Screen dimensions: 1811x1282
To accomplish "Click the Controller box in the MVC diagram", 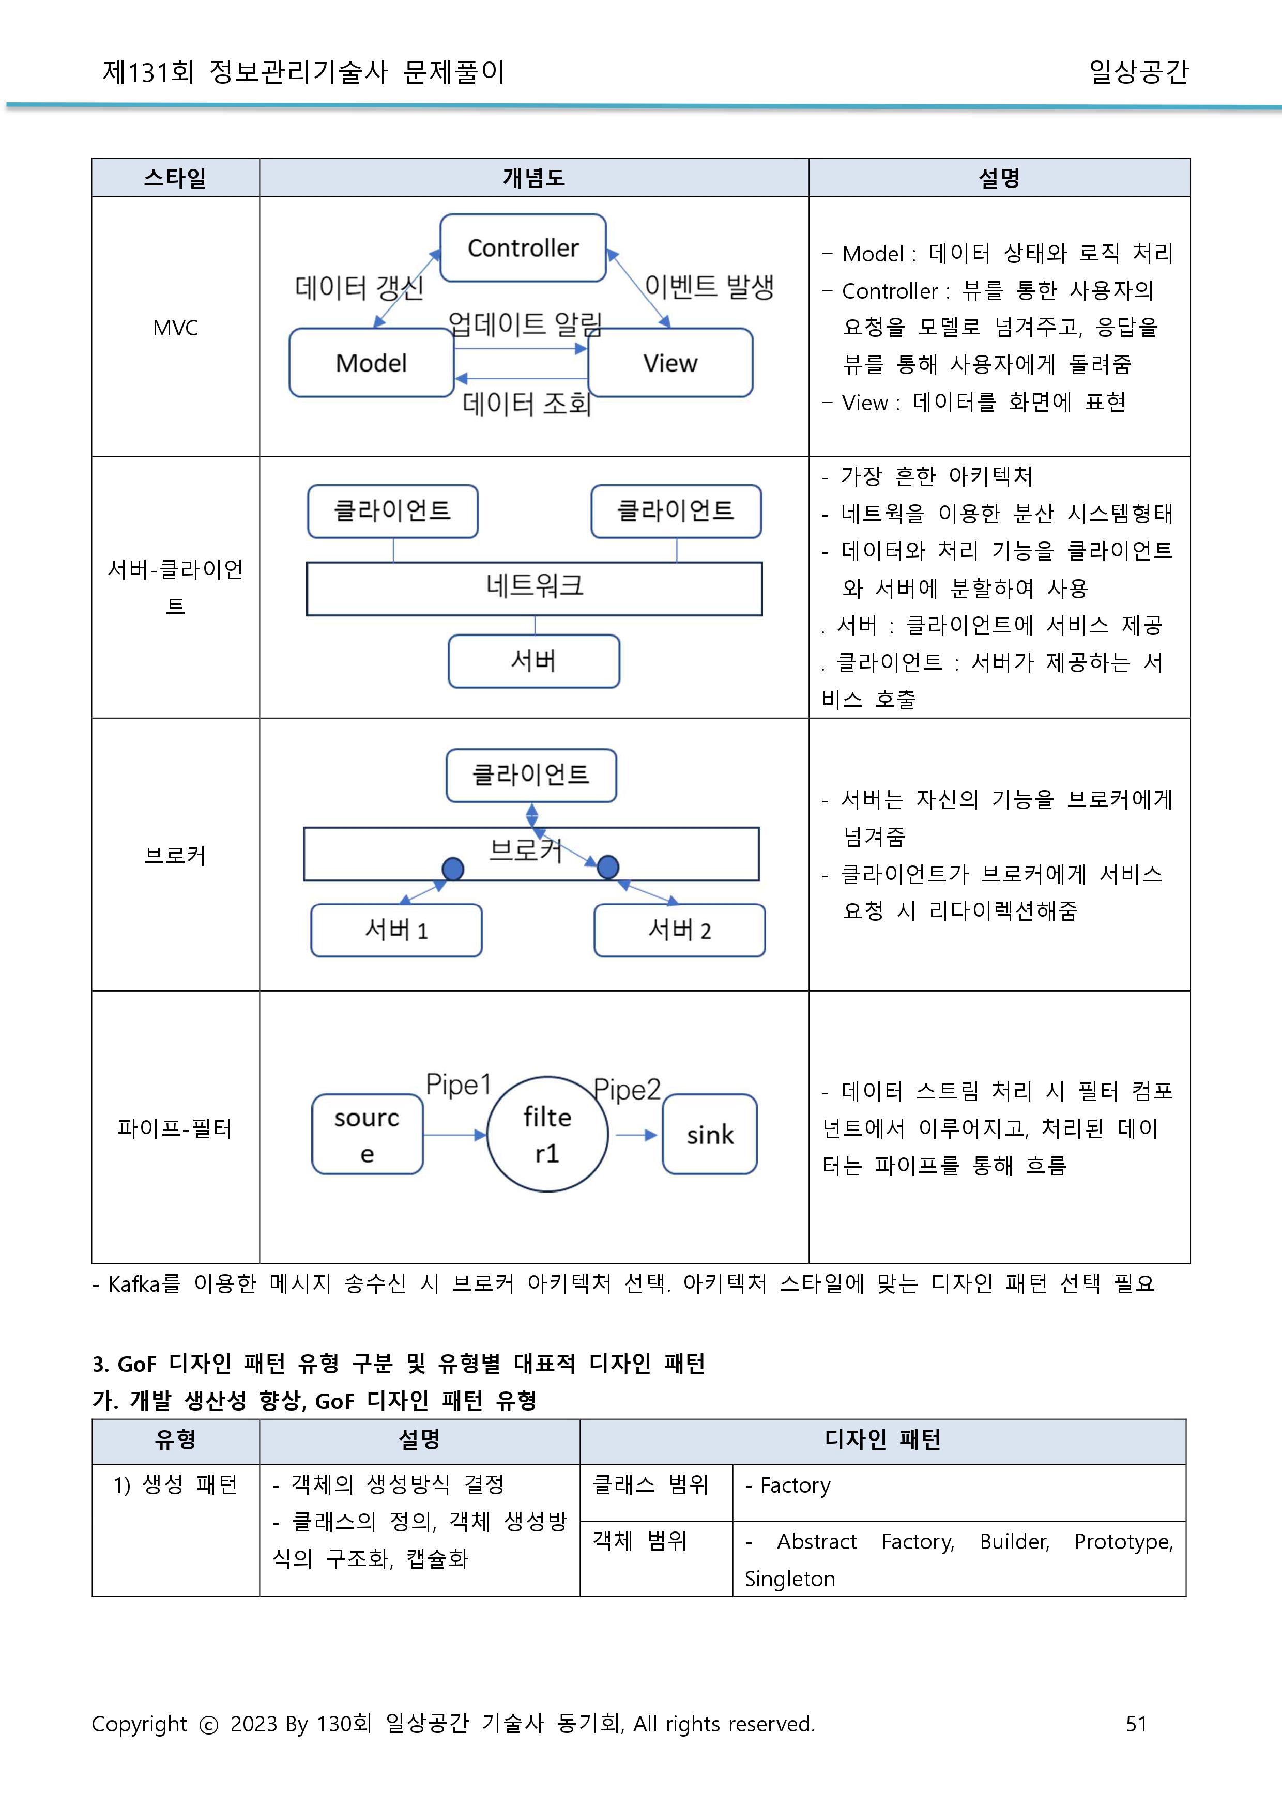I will click(x=523, y=248).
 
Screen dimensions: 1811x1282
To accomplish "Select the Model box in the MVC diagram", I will click(x=371, y=363).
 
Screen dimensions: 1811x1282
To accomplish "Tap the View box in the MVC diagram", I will click(x=670, y=363).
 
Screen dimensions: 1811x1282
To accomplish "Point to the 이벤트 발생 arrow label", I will click(x=708, y=286).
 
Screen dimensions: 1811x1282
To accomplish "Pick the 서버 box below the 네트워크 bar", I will click(x=533, y=660).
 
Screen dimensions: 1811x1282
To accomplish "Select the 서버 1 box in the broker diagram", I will click(x=396, y=931).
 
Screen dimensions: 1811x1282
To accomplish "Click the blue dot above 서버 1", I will click(x=452, y=869).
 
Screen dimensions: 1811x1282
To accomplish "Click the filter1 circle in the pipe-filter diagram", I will click(x=547, y=1134).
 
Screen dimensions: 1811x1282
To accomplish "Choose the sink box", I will click(x=710, y=1134).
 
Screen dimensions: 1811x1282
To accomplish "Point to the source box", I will click(x=367, y=1134).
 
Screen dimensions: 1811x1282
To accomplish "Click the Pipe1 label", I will click(x=458, y=1084).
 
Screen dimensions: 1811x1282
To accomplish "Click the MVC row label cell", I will click(x=175, y=328).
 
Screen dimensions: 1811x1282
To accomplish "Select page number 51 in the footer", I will click(x=1136, y=1723).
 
